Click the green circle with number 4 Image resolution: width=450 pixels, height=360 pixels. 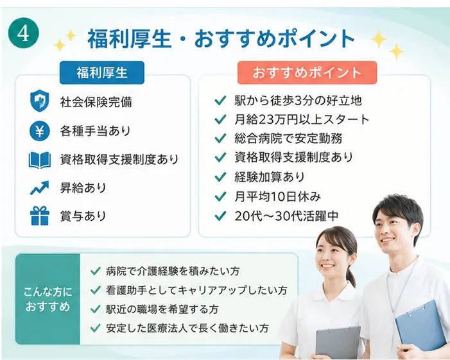pyautogui.click(x=23, y=33)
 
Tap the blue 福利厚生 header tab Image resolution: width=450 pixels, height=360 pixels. pyautogui.click(x=102, y=73)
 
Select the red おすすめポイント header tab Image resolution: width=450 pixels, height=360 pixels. pyautogui.click(x=307, y=73)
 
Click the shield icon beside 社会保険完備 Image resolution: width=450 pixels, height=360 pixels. pyautogui.click(x=40, y=100)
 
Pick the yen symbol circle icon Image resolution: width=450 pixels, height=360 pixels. pyautogui.click(x=40, y=131)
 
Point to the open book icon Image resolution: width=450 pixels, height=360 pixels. pyautogui.click(x=40, y=160)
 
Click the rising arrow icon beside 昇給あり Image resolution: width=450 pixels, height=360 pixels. pyautogui.click(x=40, y=188)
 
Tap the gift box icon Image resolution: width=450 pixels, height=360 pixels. pyautogui.click(x=40, y=216)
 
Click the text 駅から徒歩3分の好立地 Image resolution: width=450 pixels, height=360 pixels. pyautogui.click(x=299, y=101)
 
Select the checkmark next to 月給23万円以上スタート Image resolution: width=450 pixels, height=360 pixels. pyautogui.click(x=220, y=119)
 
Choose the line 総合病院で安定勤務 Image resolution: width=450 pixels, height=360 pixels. pyautogui.click(x=288, y=138)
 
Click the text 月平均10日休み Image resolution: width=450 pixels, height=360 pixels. pyautogui.click(x=277, y=196)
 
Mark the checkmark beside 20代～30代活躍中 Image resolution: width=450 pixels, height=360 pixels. pyautogui.click(x=220, y=216)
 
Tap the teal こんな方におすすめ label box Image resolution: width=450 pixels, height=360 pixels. pyautogui.click(x=48, y=299)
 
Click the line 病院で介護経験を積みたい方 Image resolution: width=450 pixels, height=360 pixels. pyautogui.click(x=173, y=271)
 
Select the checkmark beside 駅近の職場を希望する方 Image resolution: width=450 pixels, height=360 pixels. pyautogui.click(x=96, y=309)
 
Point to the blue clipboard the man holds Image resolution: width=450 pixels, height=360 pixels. pyautogui.click(x=419, y=324)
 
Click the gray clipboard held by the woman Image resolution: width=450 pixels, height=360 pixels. pyautogui.click(x=338, y=343)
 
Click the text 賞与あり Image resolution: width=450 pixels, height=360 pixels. pyautogui.click(x=83, y=216)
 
